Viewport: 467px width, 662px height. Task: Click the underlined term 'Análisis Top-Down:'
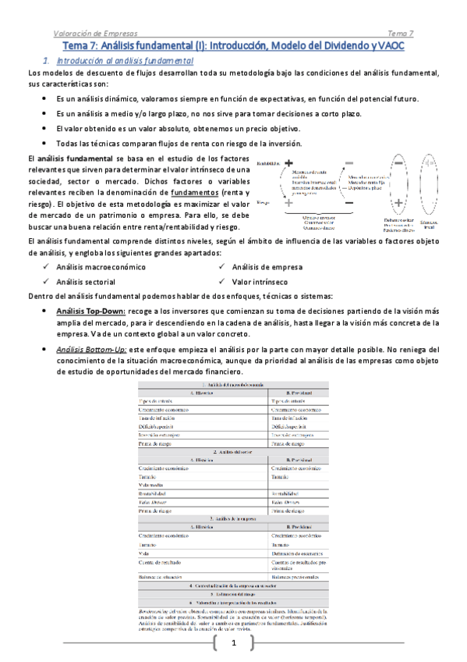coord(86,310)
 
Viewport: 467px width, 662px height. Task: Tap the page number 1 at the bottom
coord(233,644)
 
